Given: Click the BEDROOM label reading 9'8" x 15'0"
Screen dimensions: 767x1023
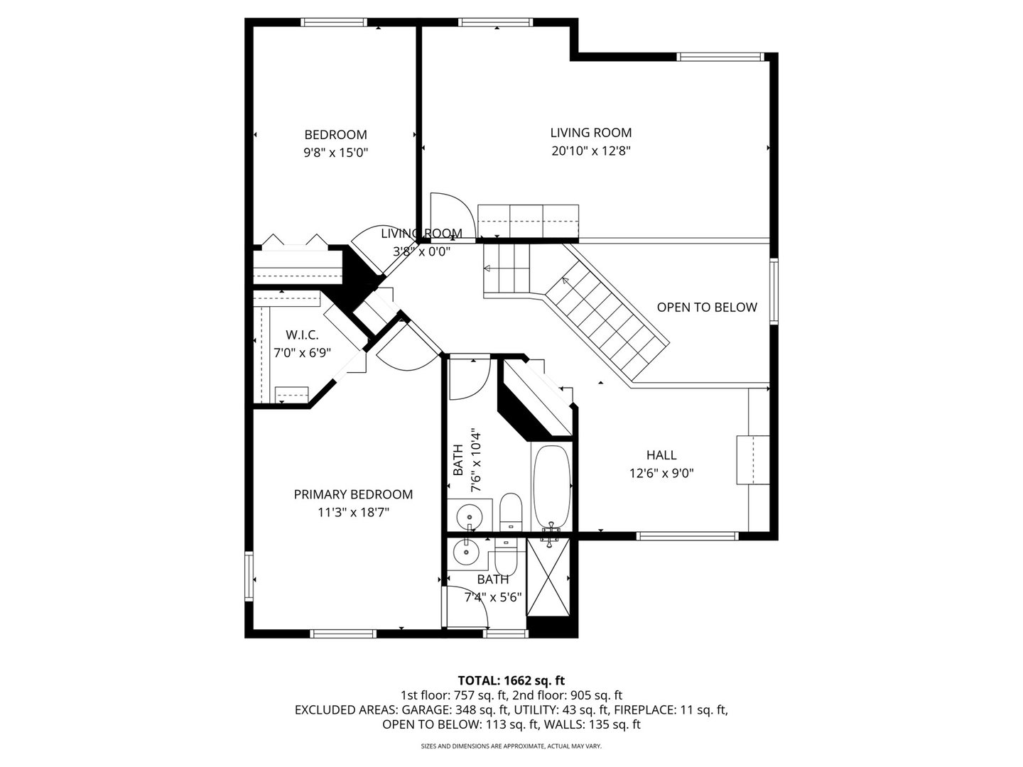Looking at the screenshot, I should click(335, 143).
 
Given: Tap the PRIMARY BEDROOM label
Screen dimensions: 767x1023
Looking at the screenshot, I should click(353, 494).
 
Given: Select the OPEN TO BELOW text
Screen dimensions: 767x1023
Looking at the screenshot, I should click(706, 308).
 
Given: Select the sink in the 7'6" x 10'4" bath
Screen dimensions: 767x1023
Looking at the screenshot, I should click(468, 514).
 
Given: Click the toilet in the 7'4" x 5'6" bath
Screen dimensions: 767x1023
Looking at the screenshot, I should click(506, 560).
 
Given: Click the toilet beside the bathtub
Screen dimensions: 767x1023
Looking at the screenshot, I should click(510, 511).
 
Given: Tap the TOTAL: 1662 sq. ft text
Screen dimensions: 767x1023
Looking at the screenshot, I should click(511, 680).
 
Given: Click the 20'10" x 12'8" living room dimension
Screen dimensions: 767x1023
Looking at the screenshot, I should click(590, 151).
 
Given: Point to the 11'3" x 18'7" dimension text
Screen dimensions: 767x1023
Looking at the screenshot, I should click(353, 512).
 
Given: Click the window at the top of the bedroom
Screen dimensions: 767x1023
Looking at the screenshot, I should click(335, 22).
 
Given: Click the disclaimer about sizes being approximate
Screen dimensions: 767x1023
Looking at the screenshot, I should click(511, 746).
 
